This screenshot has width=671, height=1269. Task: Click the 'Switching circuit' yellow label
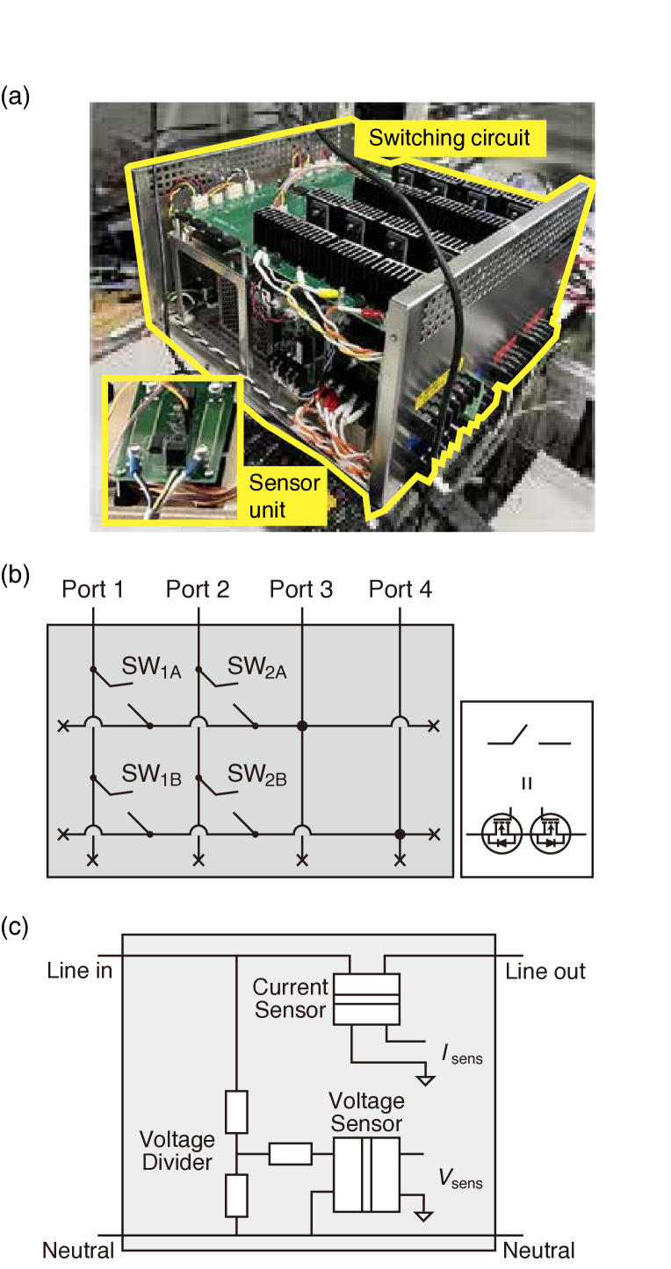pos(450,138)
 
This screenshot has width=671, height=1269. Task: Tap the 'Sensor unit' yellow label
pos(285,496)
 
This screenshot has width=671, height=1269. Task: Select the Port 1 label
pos(92,589)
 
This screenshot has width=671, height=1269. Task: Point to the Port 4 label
pos(400,589)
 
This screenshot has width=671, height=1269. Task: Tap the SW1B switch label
pos(151,775)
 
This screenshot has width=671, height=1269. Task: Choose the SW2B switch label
pos(256,775)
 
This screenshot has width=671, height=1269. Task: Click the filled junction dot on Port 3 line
pos(302,726)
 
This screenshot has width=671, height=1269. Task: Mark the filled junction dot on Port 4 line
pos(400,834)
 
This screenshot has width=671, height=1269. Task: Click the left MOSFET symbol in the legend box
pos(501,833)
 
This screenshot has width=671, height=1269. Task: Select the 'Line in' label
pos(79,971)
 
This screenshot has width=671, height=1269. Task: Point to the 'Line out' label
pos(545,971)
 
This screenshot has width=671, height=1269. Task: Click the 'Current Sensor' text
pos(290,998)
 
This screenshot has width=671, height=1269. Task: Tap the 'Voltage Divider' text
pos(177,1151)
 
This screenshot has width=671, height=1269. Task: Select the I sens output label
pos(462,1054)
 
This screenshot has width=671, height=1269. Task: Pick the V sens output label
pos(460,1179)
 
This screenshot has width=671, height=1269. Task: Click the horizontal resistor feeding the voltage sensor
pos(290,1153)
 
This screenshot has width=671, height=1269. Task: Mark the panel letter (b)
pos(15,575)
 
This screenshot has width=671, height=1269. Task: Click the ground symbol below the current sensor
pos(426,1079)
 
